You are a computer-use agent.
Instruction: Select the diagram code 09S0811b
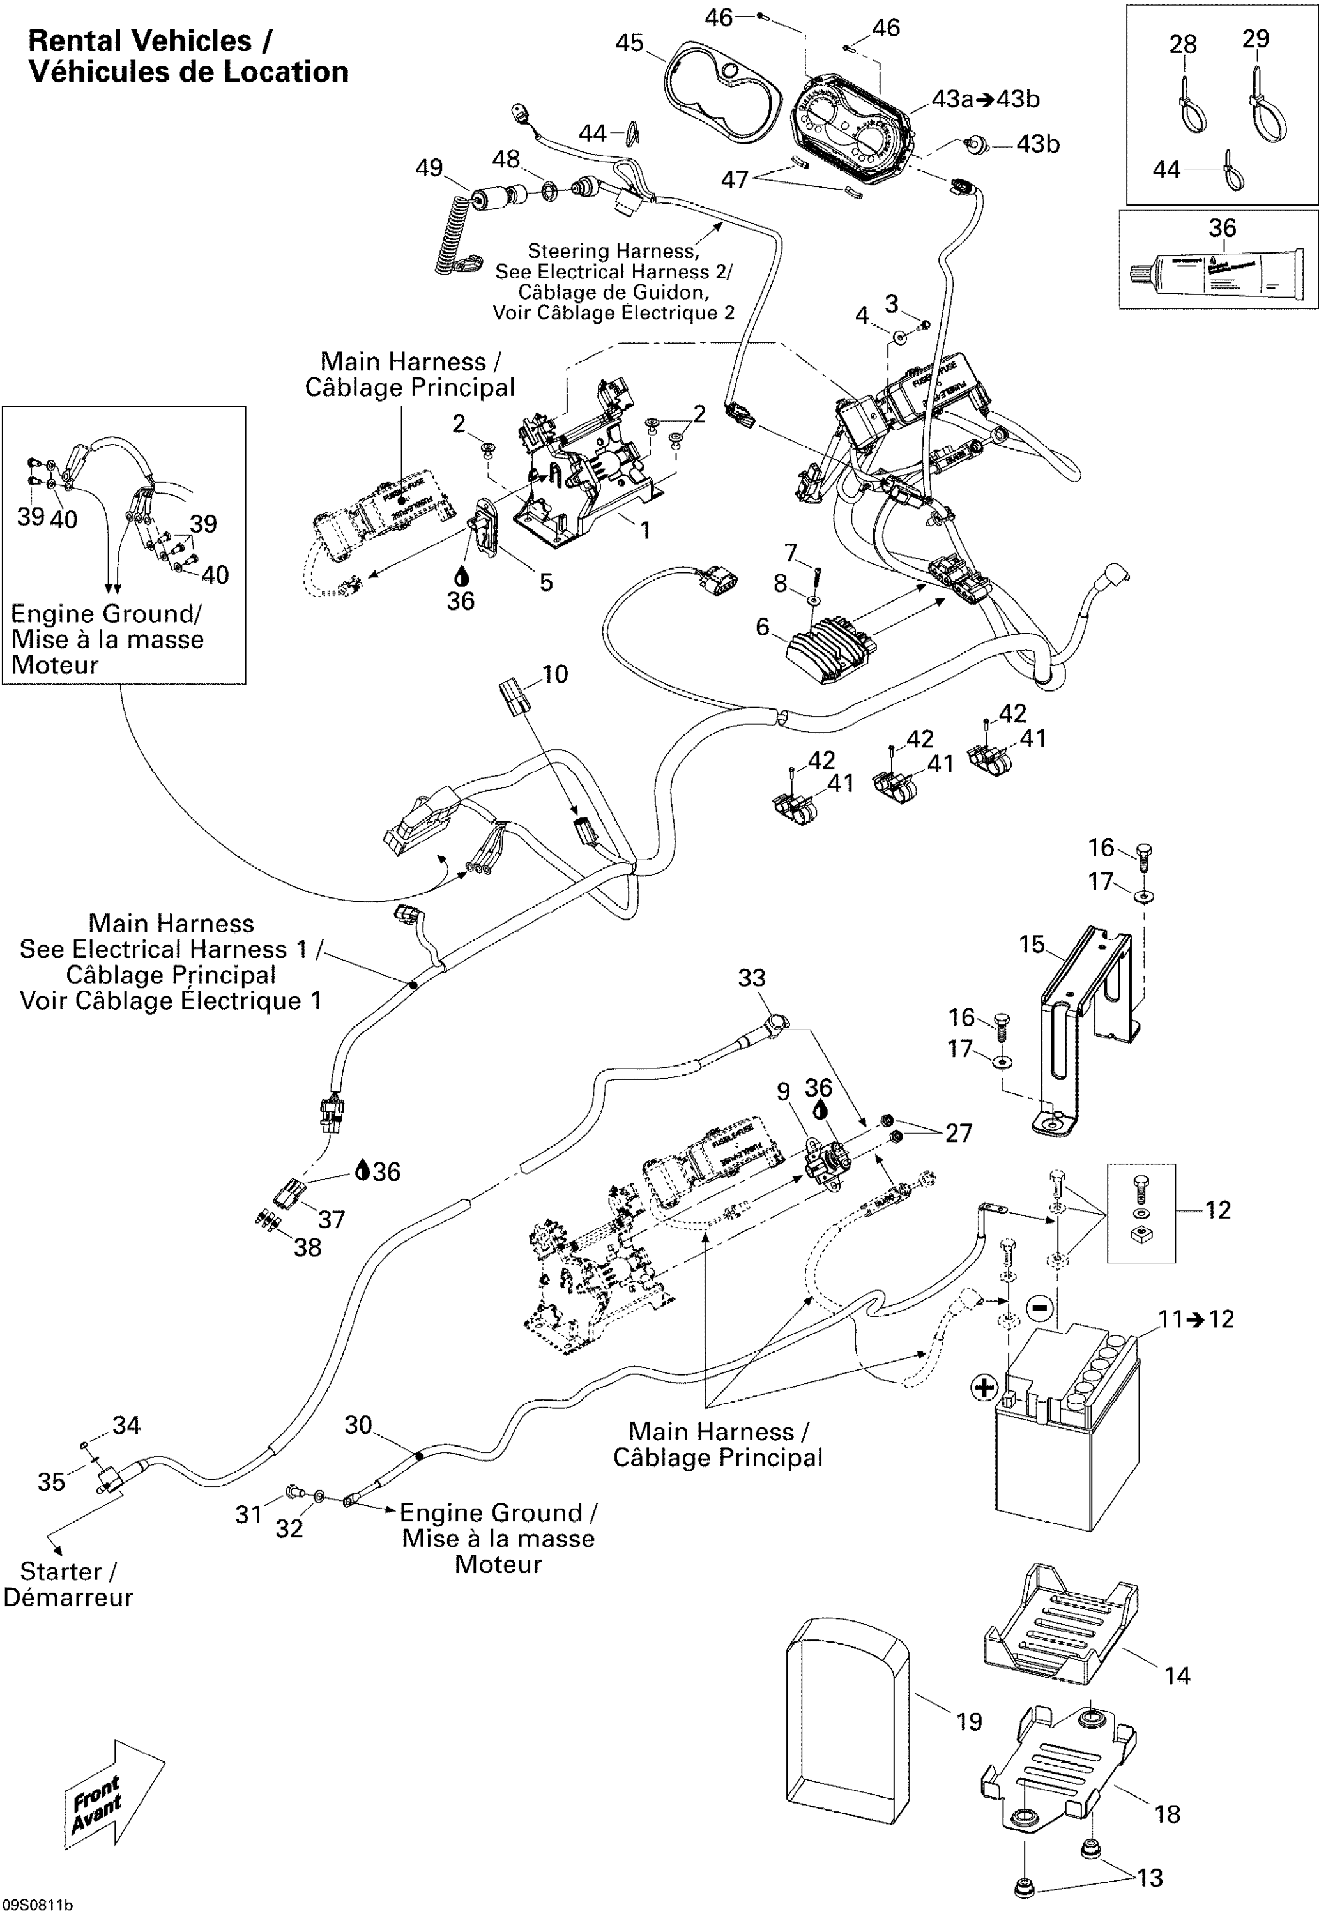[x=37, y=1905]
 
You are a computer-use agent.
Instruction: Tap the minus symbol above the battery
[x=1040, y=1308]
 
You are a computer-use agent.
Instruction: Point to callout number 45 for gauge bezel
[x=629, y=43]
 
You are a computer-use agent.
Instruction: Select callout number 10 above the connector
[x=554, y=674]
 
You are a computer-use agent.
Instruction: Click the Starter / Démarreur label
[x=68, y=1584]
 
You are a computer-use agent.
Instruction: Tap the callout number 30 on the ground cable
[x=358, y=1424]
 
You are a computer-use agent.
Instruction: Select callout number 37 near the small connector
[x=332, y=1219]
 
